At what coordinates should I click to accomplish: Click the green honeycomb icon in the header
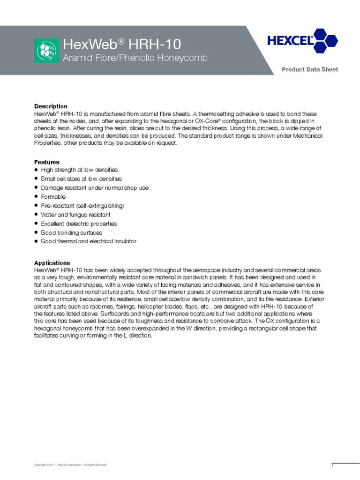click(x=46, y=51)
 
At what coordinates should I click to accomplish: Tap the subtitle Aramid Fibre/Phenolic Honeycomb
click(x=135, y=58)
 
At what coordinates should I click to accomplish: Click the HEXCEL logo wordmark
click(x=290, y=41)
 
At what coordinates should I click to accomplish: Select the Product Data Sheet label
click(x=309, y=69)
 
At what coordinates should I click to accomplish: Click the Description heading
click(x=51, y=106)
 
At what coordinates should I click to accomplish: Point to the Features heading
click(x=47, y=162)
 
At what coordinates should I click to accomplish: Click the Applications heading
click(x=52, y=263)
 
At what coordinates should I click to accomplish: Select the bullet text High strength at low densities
click(x=79, y=170)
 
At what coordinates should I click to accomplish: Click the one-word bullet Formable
click(x=53, y=197)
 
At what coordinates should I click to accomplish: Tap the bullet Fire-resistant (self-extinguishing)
click(x=82, y=206)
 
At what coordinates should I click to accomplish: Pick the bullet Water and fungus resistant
click(x=75, y=215)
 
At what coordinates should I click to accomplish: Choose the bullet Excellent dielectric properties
click(x=79, y=224)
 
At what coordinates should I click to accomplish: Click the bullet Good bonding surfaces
click(x=71, y=232)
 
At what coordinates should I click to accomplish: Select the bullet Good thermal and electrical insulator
click(x=89, y=241)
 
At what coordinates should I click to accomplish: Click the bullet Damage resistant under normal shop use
click(x=95, y=187)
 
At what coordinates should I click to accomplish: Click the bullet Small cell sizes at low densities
click(x=81, y=179)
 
